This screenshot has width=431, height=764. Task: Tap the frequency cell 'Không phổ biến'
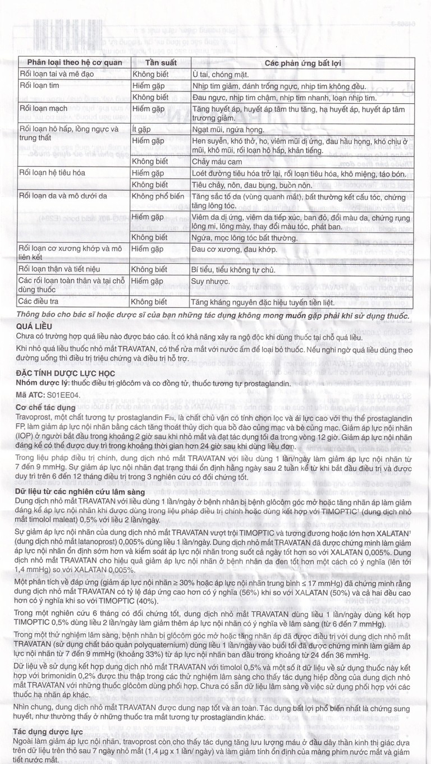point(159,196)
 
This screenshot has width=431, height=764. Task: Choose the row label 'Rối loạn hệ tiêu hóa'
point(52,173)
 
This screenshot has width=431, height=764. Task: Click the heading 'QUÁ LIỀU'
point(37,325)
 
